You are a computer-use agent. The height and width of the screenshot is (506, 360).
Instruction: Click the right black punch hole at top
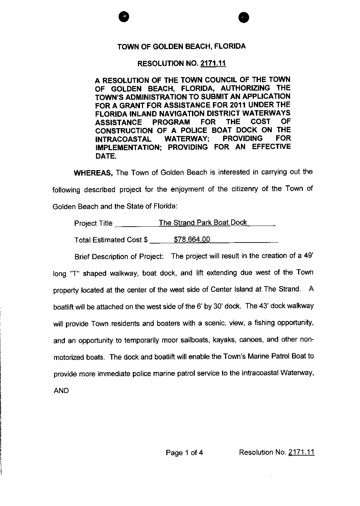243,17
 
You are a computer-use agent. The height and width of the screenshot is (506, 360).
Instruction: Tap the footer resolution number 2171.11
302,452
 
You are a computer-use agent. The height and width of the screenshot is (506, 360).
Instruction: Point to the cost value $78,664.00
192,239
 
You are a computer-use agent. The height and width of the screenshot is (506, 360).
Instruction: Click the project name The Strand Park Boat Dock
203,223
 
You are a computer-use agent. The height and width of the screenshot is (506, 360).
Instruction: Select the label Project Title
93,223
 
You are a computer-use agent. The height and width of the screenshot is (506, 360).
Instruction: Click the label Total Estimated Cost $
111,240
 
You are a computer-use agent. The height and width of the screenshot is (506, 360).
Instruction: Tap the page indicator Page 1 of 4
184,453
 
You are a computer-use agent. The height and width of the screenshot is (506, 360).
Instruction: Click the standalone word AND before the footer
61,390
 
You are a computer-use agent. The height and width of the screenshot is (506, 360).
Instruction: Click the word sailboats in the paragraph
194,340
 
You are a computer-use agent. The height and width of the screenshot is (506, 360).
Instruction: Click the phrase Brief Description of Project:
119,256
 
